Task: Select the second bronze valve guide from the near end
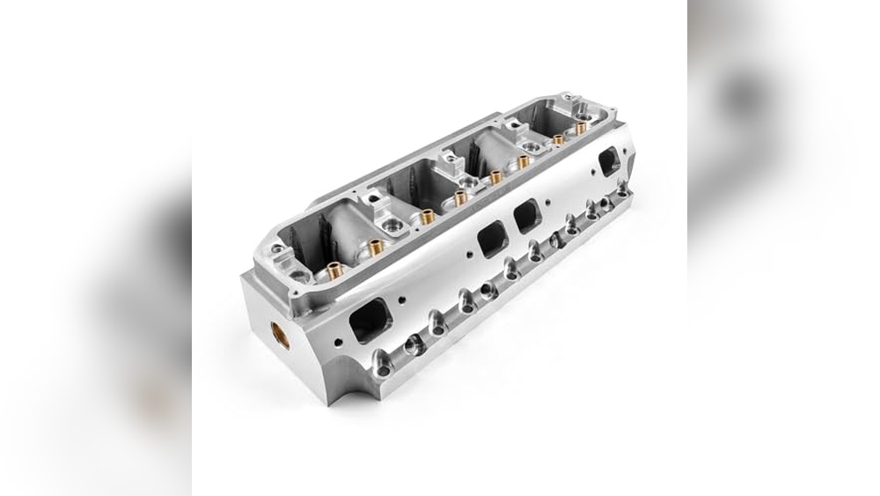(x=376, y=248)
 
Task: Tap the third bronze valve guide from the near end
(x=427, y=216)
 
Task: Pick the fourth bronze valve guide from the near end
(x=460, y=197)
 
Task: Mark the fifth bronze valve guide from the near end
(x=495, y=177)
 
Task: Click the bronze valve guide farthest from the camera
(x=582, y=127)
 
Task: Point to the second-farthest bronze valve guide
(x=558, y=139)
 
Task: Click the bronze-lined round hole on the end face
(x=281, y=332)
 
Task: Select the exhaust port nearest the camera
(x=370, y=320)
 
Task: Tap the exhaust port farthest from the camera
(x=608, y=159)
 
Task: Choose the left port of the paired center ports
(x=491, y=238)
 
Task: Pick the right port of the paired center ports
(x=527, y=214)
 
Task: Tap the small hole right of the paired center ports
(x=549, y=204)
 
